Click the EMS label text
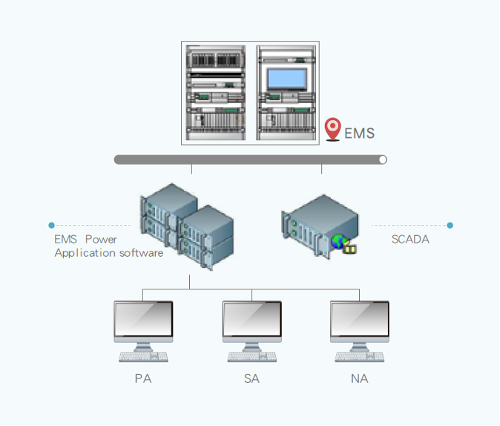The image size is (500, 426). click(x=359, y=134)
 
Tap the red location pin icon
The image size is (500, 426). click(x=333, y=129)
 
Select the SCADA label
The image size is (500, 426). click(x=410, y=239)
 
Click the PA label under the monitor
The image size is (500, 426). click(x=143, y=379)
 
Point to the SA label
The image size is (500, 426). click(x=251, y=379)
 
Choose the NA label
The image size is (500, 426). click(x=360, y=379)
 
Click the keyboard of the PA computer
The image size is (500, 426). click(x=143, y=357)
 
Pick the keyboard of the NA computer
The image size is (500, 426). click(x=360, y=357)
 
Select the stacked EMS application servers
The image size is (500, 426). click(x=186, y=225)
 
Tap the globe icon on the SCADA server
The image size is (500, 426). click(x=339, y=241)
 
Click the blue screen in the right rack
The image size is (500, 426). click(x=287, y=79)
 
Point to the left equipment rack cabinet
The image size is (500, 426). click(x=216, y=92)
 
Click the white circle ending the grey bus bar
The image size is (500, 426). click(x=383, y=160)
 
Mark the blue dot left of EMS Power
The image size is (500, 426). click(x=51, y=225)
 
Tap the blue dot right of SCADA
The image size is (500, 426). click(x=450, y=225)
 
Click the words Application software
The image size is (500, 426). click(x=108, y=253)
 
